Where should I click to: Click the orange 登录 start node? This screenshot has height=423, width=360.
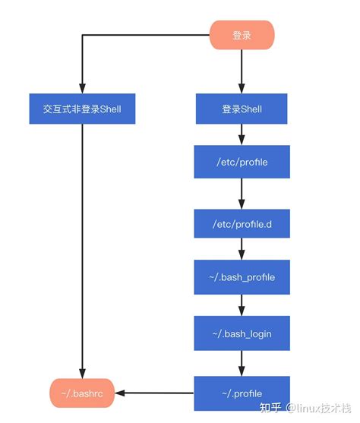pos(242,35)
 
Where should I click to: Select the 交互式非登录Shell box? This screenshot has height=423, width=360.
pos(83,109)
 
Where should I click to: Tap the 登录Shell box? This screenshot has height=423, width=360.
pos(242,109)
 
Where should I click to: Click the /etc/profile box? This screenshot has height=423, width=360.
pos(242,163)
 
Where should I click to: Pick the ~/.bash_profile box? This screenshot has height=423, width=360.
pos(242,277)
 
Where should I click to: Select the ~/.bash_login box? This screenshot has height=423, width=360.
pos(242,333)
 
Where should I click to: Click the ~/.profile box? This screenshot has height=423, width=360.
pos(242,393)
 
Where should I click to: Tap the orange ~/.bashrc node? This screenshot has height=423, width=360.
pos(82,393)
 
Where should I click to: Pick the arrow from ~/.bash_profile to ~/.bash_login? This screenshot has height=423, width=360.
pos(242,305)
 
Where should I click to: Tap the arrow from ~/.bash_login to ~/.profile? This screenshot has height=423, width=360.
pos(242,363)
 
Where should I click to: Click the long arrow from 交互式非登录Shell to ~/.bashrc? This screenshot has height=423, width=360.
pos(82,251)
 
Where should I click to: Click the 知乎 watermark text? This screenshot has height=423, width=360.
pos(271,409)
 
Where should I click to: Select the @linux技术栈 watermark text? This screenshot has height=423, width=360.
pos(319,409)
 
